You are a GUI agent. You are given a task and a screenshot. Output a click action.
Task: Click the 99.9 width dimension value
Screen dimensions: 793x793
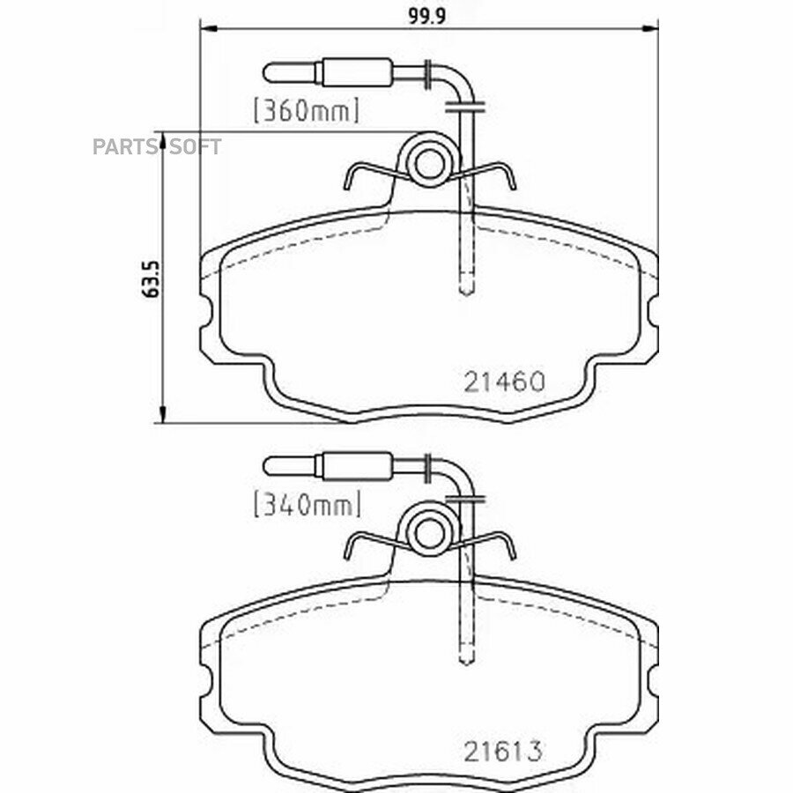point(426,16)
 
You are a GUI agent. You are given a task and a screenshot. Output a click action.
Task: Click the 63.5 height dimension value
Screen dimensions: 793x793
point(152,279)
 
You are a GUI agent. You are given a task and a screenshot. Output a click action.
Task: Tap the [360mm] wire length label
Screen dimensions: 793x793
point(307,111)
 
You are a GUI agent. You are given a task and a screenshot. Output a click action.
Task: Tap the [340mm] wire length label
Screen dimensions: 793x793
point(308,504)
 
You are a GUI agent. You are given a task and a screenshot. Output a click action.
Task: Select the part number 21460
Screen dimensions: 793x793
point(504,382)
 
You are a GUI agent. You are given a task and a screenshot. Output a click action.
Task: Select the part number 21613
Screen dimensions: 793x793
point(503,752)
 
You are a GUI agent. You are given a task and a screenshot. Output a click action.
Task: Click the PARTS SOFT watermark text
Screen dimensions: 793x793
point(157,146)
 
